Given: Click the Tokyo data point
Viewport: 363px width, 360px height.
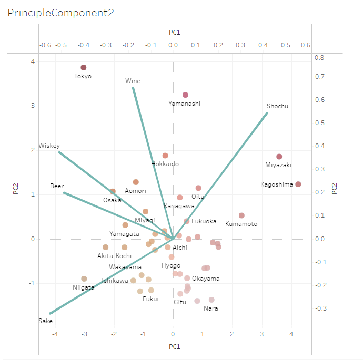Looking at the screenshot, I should pos(83,67).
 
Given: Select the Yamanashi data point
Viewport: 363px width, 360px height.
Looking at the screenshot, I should pos(185,95).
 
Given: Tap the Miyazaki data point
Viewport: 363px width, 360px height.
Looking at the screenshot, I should pos(279,157).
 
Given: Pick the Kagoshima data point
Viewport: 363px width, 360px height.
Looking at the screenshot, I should pos(298,184).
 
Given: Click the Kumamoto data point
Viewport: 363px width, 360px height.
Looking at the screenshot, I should pos(241,215).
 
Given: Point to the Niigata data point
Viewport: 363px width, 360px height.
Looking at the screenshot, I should pos(84,279).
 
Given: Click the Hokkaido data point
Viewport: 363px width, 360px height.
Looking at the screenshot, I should pos(165,156).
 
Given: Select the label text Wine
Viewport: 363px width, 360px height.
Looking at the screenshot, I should pos(133,81).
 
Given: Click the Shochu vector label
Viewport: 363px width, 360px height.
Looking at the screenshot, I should pos(277,106).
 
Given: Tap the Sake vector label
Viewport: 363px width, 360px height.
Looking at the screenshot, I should pos(46,321).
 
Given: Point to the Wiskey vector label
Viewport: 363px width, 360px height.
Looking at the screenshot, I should pos(49,146).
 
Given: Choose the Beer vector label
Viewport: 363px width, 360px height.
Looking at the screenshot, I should pos(57,186).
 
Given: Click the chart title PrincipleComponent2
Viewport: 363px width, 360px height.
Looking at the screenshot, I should pos(60,13).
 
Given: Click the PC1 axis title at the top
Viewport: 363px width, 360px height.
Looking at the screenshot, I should pos(175,33).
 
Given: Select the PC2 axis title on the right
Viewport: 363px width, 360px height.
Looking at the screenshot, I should pos(335,189).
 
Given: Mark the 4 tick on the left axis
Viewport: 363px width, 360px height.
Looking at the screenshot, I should pos(33,61).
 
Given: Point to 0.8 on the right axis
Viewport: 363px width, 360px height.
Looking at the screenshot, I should pos(319,58).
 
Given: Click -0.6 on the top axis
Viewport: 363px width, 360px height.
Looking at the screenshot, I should pos(45,45).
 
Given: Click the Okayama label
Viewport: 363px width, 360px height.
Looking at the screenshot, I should pos(206,279).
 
